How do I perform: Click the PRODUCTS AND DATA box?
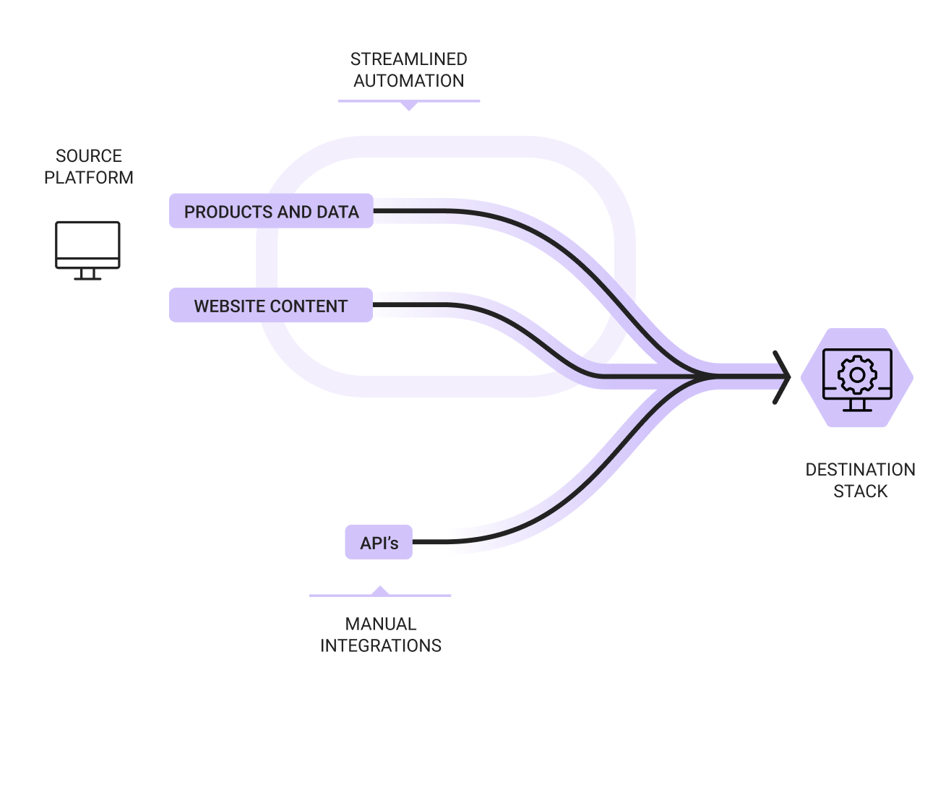271,211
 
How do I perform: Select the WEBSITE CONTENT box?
271,306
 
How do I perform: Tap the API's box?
379,542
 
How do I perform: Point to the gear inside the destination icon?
856,374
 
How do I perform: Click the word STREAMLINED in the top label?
408,59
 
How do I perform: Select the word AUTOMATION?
408,80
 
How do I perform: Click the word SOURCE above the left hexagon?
89,155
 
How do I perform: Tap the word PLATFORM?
89,177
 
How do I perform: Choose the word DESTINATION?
860,469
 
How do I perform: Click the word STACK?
860,491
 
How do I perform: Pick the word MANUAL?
381,624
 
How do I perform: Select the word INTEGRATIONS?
381,645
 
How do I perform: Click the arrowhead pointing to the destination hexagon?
781,377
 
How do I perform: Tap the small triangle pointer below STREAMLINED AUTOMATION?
409,106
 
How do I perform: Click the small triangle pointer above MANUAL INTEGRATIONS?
380,591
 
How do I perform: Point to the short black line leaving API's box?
430,542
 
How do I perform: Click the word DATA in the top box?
337,212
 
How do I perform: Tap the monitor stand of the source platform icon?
87,273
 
